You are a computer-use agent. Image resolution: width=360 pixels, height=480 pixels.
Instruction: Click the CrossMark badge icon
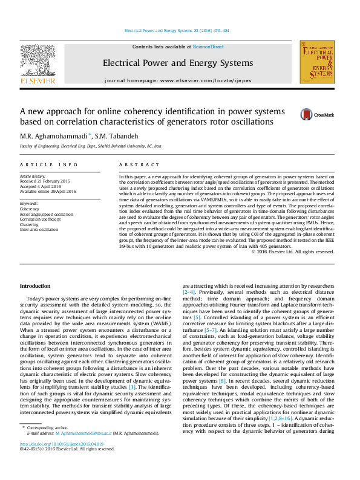(316, 114)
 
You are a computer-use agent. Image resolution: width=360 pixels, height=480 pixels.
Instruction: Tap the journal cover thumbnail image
(317, 62)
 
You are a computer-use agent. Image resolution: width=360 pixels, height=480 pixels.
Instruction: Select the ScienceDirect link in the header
(208, 47)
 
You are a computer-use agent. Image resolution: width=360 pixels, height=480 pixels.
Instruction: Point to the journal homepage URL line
(177, 80)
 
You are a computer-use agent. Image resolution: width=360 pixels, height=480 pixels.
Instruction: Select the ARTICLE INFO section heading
(48, 164)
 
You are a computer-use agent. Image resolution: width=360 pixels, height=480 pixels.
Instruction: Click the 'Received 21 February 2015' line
(45, 181)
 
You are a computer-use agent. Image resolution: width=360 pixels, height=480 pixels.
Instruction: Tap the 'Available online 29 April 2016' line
(48, 191)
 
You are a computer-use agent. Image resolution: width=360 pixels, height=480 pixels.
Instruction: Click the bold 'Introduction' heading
(35, 285)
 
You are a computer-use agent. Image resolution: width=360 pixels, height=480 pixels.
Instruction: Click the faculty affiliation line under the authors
(90, 146)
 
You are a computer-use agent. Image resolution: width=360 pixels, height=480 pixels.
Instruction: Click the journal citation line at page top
(177, 30)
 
